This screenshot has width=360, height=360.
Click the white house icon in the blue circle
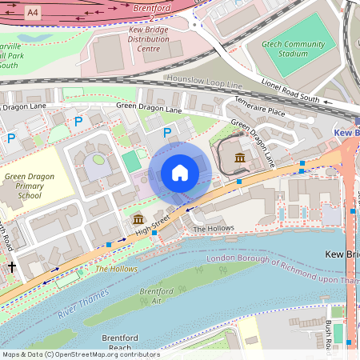click(x=180, y=173)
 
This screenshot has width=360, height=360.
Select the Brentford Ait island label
click(x=156, y=297)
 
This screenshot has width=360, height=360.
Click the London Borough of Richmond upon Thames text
click(x=280, y=271)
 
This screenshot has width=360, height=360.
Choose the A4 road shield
click(x=32, y=13)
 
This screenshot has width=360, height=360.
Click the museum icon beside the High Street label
click(x=137, y=218)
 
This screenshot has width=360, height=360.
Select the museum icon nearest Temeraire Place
click(x=240, y=158)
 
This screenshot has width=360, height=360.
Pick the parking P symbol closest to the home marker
click(x=167, y=132)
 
